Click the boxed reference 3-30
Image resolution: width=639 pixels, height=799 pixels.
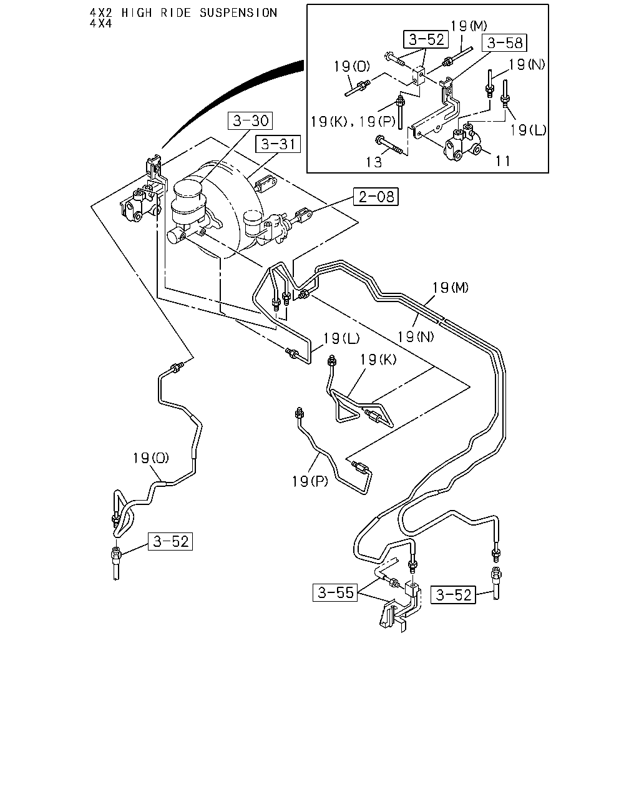250,120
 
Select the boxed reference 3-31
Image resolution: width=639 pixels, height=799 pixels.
278,144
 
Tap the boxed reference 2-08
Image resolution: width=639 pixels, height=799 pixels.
376,197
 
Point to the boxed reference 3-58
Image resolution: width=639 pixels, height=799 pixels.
504,42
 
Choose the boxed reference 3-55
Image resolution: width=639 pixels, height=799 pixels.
335,592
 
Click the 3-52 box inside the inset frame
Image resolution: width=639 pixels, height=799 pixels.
426,39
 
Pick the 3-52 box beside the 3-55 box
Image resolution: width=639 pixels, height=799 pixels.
453,595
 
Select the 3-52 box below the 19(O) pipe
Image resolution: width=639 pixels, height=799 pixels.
170,541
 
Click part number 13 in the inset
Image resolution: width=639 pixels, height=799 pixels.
374,162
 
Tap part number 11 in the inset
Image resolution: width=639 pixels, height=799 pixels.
502,161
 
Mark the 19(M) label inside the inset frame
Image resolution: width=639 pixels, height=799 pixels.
469,26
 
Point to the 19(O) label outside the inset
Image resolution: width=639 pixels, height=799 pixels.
151,458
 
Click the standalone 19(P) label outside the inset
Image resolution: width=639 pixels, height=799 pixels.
310,481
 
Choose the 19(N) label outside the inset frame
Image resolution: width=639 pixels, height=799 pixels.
416,336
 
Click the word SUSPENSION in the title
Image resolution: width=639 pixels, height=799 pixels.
238,13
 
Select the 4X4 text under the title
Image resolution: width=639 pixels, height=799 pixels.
100,24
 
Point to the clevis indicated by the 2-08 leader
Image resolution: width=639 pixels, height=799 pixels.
303,215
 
